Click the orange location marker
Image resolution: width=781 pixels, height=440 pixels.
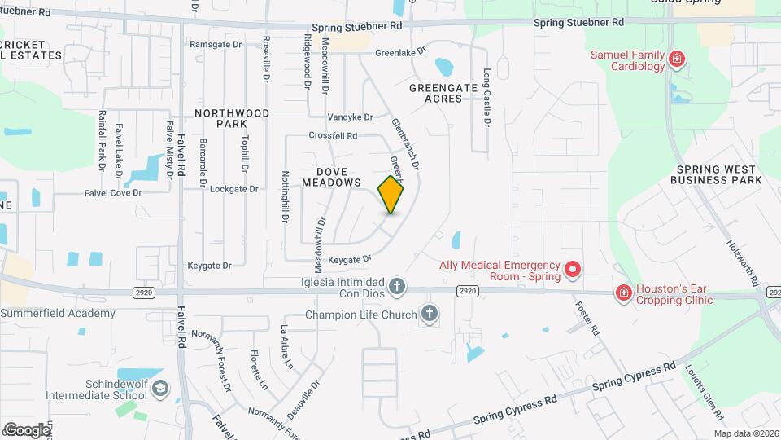tap(390, 194)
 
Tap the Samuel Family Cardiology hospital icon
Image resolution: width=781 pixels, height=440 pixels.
tap(675, 59)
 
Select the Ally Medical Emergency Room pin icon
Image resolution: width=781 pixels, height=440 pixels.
tap(572, 268)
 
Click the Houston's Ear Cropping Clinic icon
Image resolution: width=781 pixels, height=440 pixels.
tap(623, 293)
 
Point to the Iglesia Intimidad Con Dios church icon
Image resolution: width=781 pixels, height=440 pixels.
tap(396, 286)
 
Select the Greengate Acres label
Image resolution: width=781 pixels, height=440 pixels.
tap(435, 93)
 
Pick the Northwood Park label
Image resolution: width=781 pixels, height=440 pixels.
tap(232, 118)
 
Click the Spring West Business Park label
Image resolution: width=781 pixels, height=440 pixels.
tap(718, 174)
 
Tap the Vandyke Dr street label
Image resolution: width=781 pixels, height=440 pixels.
tap(350, 117)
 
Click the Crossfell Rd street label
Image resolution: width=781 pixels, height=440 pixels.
tap(333, 135)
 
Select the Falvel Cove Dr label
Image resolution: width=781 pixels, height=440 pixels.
tap(113, 193)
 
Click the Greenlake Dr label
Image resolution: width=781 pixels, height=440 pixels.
tap(401, 52)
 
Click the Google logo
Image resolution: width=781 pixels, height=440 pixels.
tap(27, 429)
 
